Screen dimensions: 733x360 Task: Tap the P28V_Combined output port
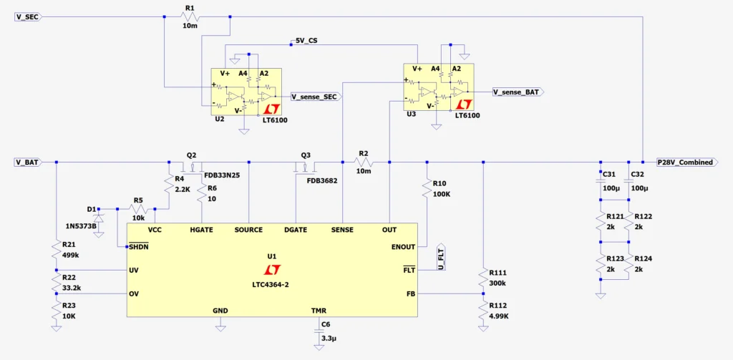pos(687,162)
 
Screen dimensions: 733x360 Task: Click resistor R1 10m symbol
pos(190,17)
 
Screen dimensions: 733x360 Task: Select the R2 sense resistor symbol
pos(364,162)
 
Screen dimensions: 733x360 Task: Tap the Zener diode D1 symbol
pos(99,218)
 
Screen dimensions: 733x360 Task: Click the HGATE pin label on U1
pos(201,230)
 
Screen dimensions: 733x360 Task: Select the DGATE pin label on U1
pos(296,230)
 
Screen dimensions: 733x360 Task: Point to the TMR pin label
pos(319,311)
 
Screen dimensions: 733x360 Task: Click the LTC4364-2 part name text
pos(271,285)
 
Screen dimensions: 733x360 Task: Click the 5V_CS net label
pos(306,41)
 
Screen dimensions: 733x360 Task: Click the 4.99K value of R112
pos(499,316)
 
